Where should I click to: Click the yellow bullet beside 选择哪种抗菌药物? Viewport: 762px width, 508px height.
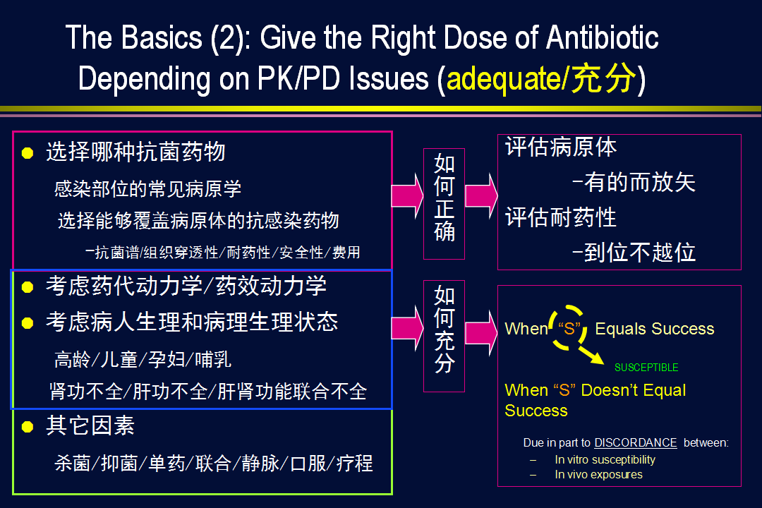pyautogui.click(x=28, y=153)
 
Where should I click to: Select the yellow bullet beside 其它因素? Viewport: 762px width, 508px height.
pyautogui.click(x=28, y=427)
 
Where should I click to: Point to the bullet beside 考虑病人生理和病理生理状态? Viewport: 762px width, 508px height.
pyautogui.click(x=28, y=322)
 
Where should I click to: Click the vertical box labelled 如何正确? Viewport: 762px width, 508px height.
pyautogui.click(x=445, y=204)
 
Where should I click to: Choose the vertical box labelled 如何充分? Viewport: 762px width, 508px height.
pyautogui.click(x=445, y=336)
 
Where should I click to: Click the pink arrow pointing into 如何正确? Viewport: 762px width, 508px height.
pyautogui.click(x=407, y=196)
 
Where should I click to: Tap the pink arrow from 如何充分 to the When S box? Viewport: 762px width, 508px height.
pyautogui.click(x=481, y=333)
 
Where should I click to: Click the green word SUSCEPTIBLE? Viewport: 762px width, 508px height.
pyautogui.click(x=646, y=368)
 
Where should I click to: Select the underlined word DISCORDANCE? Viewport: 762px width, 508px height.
pyautogui.click(x=635, y=443)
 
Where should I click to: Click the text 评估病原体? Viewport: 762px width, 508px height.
pyautogui.click(x=561, y=147)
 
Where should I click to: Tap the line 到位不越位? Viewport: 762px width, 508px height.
pyautogui.click(x=634, y=253)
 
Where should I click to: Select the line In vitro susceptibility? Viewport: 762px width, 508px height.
pyautogui.click(x=605, y=460)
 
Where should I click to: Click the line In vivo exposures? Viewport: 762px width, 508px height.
pyautogui.click(x=599, y=474)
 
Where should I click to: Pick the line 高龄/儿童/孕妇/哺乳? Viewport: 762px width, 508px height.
pyautogui.click(x=143, y=360)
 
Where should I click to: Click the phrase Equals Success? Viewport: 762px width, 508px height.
pyautogui.click(x=655, y=329)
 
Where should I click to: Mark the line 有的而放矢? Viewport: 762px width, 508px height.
pyautogui.click(x=634, y=182)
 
